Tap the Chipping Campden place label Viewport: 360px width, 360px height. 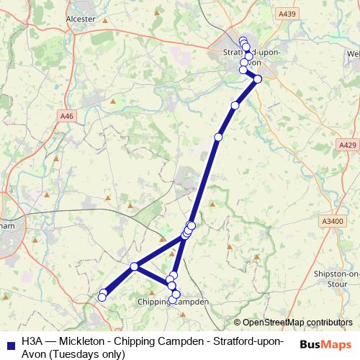pyautogui.click(x=172, y=302)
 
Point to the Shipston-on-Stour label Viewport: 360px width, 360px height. pyautogui.click(x=337, y=279)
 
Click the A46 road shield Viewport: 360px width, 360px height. pyautogui.click(x=67, y=116)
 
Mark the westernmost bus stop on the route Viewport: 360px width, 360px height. pyautogui.click(x=102, y=297)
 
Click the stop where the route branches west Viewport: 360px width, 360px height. pyautogui.click(x=134, y=267)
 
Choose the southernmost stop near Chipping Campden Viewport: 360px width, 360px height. pyautogui.click(x=172, y=300)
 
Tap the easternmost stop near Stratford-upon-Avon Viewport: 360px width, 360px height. pyautogui.click(x=258, y=79)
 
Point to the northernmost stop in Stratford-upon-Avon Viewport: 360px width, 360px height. pyautogui.click(x=243, y=41)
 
